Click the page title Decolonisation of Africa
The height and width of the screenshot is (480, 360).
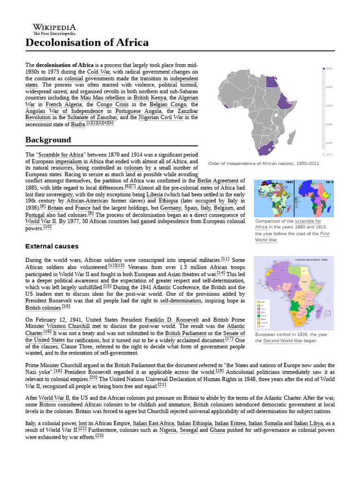tap(87, 43)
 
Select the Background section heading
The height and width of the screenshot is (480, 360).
tap(48, 140)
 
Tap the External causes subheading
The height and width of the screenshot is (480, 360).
tap(52, 246)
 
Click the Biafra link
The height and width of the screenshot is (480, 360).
tap(78, 124)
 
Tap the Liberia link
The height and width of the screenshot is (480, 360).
tap(153, 194)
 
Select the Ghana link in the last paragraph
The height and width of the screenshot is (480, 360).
tap(217, 430)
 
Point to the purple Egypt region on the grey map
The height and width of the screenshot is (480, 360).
tap(272, 82)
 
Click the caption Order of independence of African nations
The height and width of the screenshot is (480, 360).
tap(263, 164)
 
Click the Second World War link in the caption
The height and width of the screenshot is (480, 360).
tap(283, 341)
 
